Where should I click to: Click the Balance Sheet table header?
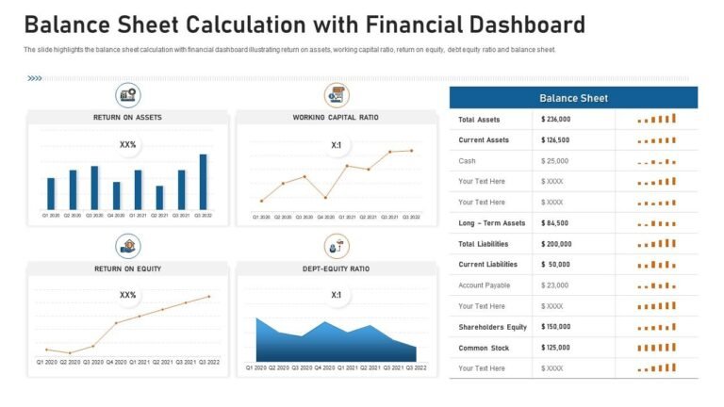click(x=573, y=98)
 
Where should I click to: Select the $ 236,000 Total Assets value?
click(x=558, y=120)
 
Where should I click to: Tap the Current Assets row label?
click(x=484, y=140)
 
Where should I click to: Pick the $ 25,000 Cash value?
click(x=555, y=161)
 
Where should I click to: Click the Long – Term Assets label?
click(x=491, y=223)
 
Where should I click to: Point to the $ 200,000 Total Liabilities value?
click(x=558, y=244)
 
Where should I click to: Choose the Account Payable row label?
click(x=485, y=285)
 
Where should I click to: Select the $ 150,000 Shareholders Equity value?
click(x=558, y=327)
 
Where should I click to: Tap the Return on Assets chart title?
click(x=127, y=118)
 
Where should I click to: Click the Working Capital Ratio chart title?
click(x=336, y=118)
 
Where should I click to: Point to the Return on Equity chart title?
click(x=127, y=269)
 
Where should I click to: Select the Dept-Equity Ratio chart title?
click(x=336, y=269)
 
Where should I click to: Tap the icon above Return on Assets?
click(x=128, y=95)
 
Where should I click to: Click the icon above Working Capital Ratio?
click(x=337, y=95)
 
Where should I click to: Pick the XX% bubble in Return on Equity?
click(x=128, y=296)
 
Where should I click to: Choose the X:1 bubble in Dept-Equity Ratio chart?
click(x=337, y=296)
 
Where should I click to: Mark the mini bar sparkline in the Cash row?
click(x=657, y=161)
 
